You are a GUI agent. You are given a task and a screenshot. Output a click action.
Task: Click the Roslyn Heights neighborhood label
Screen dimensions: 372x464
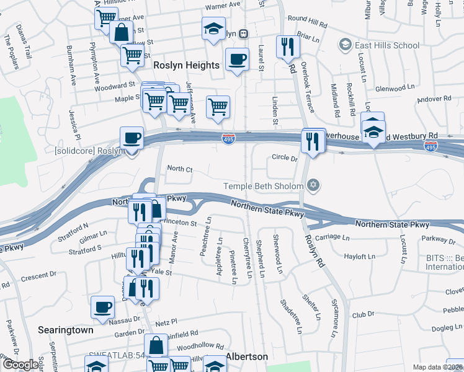(x=186, y=65)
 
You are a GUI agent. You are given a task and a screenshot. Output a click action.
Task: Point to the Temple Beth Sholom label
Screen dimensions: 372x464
(x=264, y=186)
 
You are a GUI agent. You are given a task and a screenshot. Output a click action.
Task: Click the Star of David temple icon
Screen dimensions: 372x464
(x=313, y=185)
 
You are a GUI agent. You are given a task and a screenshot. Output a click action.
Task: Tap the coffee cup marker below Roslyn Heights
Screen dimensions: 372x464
(x=236, y=60)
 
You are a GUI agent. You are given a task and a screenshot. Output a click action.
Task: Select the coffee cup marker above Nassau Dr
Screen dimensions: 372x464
(x=103, y=307)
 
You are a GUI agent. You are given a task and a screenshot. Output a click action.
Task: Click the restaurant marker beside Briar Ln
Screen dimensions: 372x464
(x=287, y=47)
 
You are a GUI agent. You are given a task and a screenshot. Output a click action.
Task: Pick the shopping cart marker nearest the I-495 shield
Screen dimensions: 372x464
(x=218, y=107)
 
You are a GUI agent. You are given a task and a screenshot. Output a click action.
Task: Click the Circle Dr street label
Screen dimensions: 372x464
(x=285, y=158)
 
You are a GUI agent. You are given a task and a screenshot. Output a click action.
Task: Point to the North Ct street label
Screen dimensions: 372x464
(x=180, y=169)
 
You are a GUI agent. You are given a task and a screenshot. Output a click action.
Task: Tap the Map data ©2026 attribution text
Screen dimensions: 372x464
(x=438, y=367)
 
